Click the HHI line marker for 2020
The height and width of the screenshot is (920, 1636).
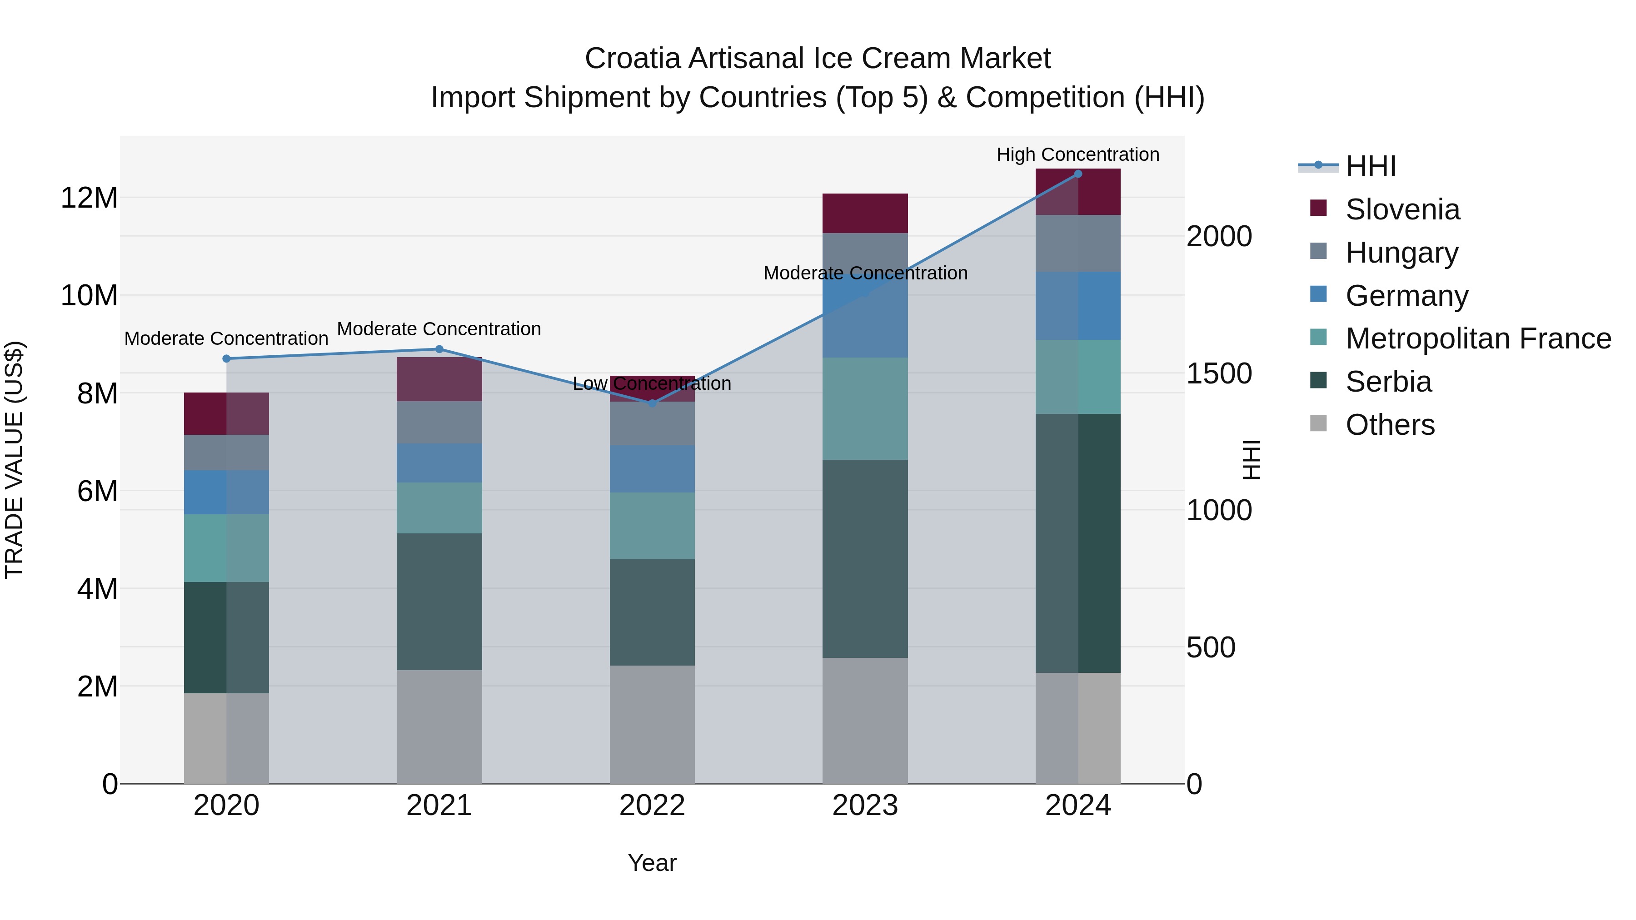point(226,359)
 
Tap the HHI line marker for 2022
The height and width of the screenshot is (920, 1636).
point(652,403)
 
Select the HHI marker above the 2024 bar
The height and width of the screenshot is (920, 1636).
point(1078,174)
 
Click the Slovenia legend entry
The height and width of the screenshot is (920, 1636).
point(1402,209)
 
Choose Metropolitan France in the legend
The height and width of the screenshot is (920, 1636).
point(1478,338)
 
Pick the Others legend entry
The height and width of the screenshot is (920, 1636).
point(1390,425)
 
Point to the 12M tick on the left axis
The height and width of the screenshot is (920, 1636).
point(89,198)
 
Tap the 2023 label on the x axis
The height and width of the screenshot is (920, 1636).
point(865,806)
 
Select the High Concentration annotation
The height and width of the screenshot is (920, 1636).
point(1078,154)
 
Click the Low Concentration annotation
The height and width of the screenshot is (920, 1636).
point(652,383)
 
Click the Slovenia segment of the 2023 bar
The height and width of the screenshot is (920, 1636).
point(865,214)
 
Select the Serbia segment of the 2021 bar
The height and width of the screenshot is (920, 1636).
point(439,601)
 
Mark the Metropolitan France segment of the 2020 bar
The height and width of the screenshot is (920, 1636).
point(226,548)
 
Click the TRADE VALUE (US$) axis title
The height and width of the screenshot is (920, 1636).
point(14,460)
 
